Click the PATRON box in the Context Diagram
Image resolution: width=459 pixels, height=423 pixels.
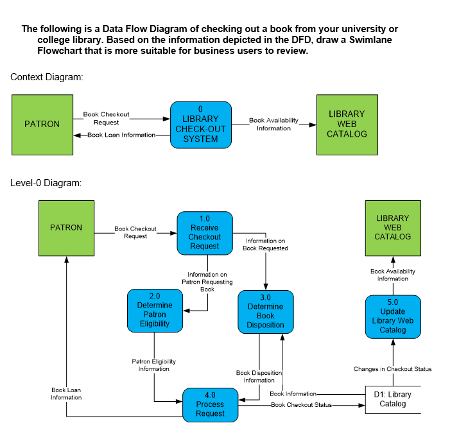coord(42,125)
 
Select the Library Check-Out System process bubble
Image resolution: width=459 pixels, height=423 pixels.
coord(200,125)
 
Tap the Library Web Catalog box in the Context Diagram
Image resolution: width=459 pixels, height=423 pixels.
coord(347,125)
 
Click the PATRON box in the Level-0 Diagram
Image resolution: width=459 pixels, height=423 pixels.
coord(66,228)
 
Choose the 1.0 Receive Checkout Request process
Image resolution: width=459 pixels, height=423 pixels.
coord(204,232)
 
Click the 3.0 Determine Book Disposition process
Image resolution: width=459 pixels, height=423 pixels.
coord(265,312)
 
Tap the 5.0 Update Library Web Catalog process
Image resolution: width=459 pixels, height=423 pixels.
coord(392,316)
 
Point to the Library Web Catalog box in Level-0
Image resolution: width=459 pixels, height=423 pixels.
coord(392,228)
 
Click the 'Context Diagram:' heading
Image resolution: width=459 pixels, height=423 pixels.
coord(47,77)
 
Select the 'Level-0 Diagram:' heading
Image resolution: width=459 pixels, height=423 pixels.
coord(46,183)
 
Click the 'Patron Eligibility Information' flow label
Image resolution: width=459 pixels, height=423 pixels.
coord(153,365)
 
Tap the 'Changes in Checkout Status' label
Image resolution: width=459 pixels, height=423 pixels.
coord(392,369)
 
